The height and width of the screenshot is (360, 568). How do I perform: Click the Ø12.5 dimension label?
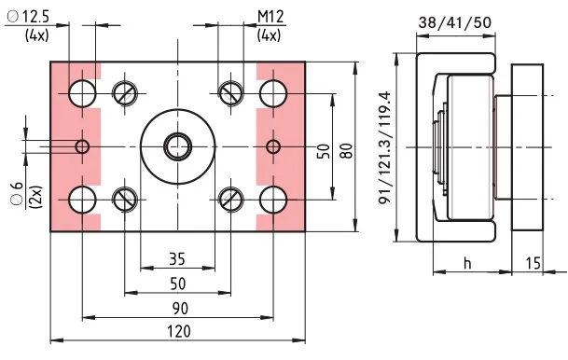point(28,17)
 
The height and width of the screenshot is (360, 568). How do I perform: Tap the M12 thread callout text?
point(270,17)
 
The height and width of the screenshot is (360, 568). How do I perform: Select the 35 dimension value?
point(177,259)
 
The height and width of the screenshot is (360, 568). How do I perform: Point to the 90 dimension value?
point(180,308)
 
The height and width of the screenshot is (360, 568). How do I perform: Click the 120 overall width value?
point(179,331)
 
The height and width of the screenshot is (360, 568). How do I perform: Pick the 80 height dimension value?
point(346,151)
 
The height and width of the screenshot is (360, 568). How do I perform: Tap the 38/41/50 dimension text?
point(455,22)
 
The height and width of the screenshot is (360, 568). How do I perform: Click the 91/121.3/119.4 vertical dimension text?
point(385,147)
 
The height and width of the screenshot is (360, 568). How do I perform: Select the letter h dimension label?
point(467,263)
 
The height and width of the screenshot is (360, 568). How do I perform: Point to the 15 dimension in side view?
point(533,263)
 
